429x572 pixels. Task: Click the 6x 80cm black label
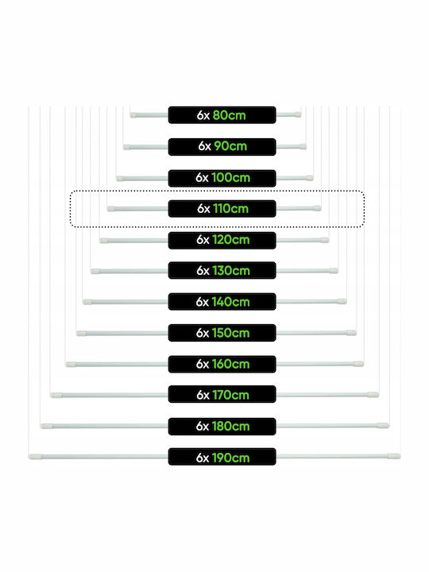click(222, 115)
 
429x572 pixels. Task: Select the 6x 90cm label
click(222, 147)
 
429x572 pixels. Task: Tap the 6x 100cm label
click(222, 178)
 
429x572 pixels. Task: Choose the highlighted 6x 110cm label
click(222, 209)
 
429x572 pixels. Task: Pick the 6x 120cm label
click(222, 240)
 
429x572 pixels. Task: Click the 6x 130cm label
click(222, 270)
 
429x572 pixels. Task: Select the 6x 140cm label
click(222, 302)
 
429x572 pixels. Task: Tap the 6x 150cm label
click(222, 333)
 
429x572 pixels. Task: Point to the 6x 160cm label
click(222, 364)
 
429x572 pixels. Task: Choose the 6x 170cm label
click(222, 394)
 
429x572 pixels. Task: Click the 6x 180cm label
click(222, 426)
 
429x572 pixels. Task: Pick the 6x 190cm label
click(222, 457)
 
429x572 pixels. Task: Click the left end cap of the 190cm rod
click(35, 456)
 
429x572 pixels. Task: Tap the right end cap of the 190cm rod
click(394, 456)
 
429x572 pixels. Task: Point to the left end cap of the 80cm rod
click(133, 115)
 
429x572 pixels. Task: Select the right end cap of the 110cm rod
click(317, 208)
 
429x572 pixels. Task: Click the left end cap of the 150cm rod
click(82, 333)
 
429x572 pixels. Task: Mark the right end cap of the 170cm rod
click(373, 394)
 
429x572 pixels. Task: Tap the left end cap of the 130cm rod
click(95, 271)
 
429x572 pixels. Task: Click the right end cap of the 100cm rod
click(310, 178)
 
